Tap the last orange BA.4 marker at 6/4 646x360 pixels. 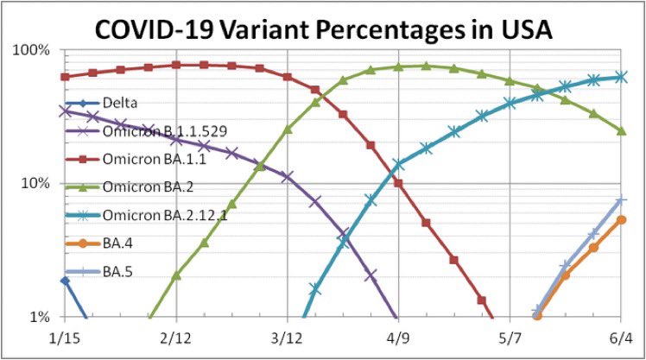pos(621,220)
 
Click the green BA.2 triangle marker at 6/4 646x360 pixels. pos(621,130)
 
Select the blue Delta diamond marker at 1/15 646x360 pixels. pos(64,281)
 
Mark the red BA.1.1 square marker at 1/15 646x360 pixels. pos(64,77)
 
